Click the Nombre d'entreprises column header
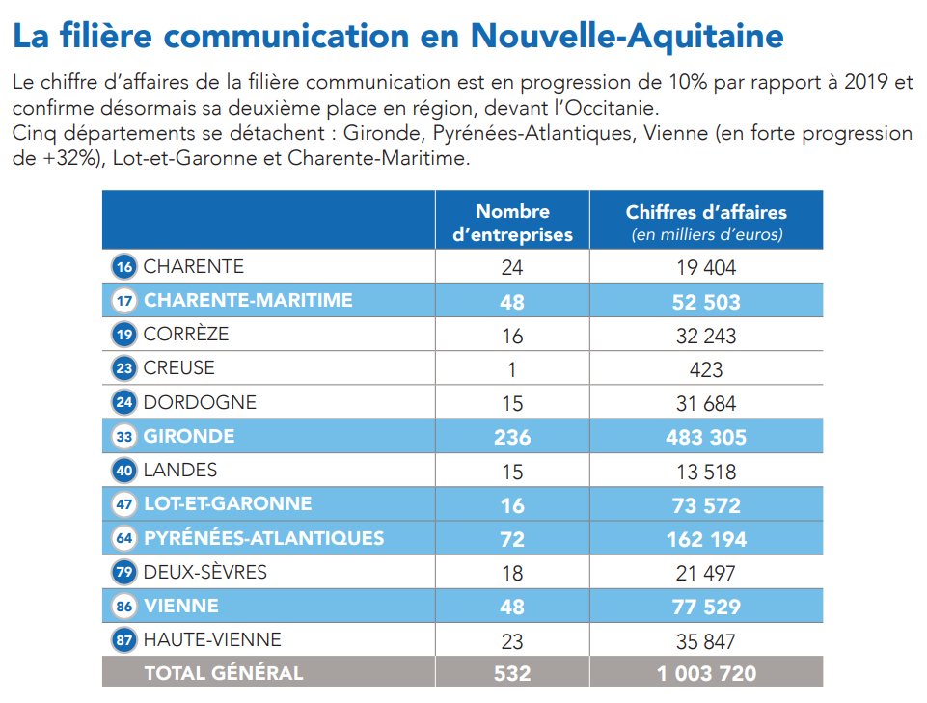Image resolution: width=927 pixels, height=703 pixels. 512,223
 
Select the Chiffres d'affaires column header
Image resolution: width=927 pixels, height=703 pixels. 706,223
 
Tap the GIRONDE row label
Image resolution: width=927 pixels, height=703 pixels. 189,436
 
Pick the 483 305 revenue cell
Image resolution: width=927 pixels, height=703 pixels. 706,437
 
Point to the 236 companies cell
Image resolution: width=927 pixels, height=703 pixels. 512,437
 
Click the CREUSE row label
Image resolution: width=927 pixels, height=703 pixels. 179,368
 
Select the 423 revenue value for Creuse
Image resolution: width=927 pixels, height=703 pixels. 706,369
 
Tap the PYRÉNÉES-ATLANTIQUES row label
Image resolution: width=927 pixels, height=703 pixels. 263,538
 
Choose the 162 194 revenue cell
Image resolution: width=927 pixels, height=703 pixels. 706,539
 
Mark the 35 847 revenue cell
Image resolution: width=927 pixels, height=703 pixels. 706,640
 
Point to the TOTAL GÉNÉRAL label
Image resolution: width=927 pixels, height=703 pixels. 223,673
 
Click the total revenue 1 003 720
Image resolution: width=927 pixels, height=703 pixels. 706,673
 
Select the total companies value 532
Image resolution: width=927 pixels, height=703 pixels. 512,673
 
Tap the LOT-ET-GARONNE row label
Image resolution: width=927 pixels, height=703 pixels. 228,503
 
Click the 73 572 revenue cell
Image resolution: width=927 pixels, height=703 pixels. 706,504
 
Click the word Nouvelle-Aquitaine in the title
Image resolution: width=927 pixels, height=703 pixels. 627,37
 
